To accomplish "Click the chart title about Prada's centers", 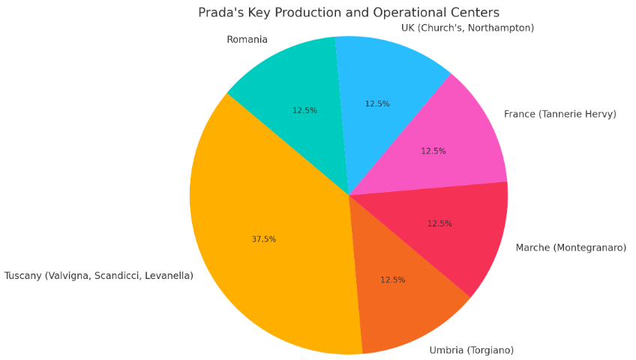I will coord(348,13).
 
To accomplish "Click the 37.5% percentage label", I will coord(264,239).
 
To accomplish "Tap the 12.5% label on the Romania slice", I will coord(304,110).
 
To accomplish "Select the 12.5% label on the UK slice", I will coord(377,104).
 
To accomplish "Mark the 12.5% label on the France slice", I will coord(433,151).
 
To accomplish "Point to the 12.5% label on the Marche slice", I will coord(439,223).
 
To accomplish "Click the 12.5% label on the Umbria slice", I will coord(393,280).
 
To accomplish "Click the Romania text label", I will coord(247,40).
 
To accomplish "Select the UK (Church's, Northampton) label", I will coord(468,28).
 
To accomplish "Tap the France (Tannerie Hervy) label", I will coord(559,114).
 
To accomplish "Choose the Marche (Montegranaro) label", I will coord(570,247).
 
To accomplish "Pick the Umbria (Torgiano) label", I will coord(471,350).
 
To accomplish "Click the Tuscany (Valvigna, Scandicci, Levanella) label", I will coord(99,276).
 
